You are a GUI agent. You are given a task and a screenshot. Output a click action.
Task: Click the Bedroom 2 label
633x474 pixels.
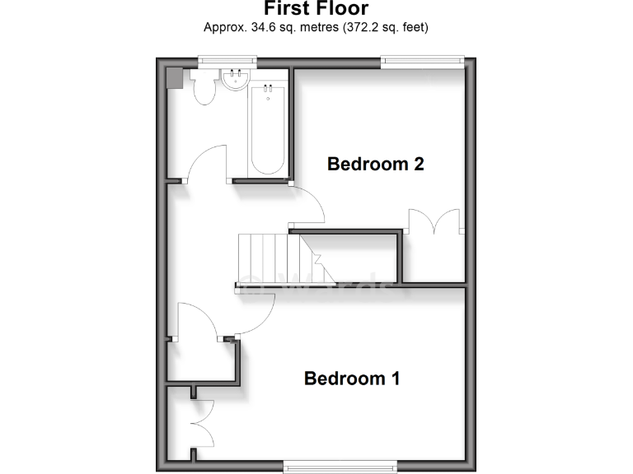tap(375, 164)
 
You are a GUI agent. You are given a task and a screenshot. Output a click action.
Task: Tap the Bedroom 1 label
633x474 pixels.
tap(352, 379)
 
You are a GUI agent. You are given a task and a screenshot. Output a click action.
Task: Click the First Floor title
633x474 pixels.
tap(316, 9)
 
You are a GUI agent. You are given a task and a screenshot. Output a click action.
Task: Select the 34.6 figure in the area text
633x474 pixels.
tap(260, 27)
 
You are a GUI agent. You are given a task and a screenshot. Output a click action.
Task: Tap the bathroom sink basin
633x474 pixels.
tap(236, 80)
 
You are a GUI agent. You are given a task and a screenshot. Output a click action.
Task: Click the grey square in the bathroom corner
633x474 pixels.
tap(175, 77)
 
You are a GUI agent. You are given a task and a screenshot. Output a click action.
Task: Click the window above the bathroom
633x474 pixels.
tap(227, 60)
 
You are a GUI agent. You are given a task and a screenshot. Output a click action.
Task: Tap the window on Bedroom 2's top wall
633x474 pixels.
tap(422, 60)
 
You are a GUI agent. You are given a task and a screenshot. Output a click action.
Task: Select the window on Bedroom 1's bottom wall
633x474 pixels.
tap(340, 467)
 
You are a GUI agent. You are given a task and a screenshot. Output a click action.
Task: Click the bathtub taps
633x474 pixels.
tap(268, 87)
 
